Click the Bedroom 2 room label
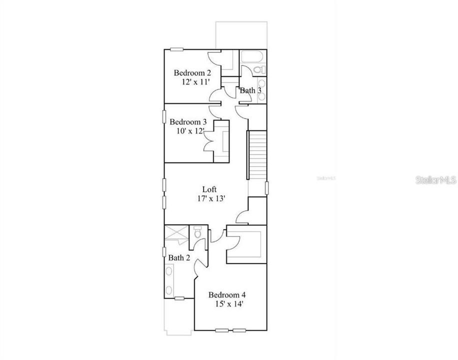tap(188, 73)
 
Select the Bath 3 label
tap(250, 90)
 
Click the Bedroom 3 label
tap(188, 121)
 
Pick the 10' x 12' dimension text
tap(190, 131)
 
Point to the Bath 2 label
tap(179, 258)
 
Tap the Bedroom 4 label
tap(227, 294)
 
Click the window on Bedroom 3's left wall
tap(164, 116)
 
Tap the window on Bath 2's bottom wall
tap(179, 298)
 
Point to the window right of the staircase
tap(267, 189)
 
